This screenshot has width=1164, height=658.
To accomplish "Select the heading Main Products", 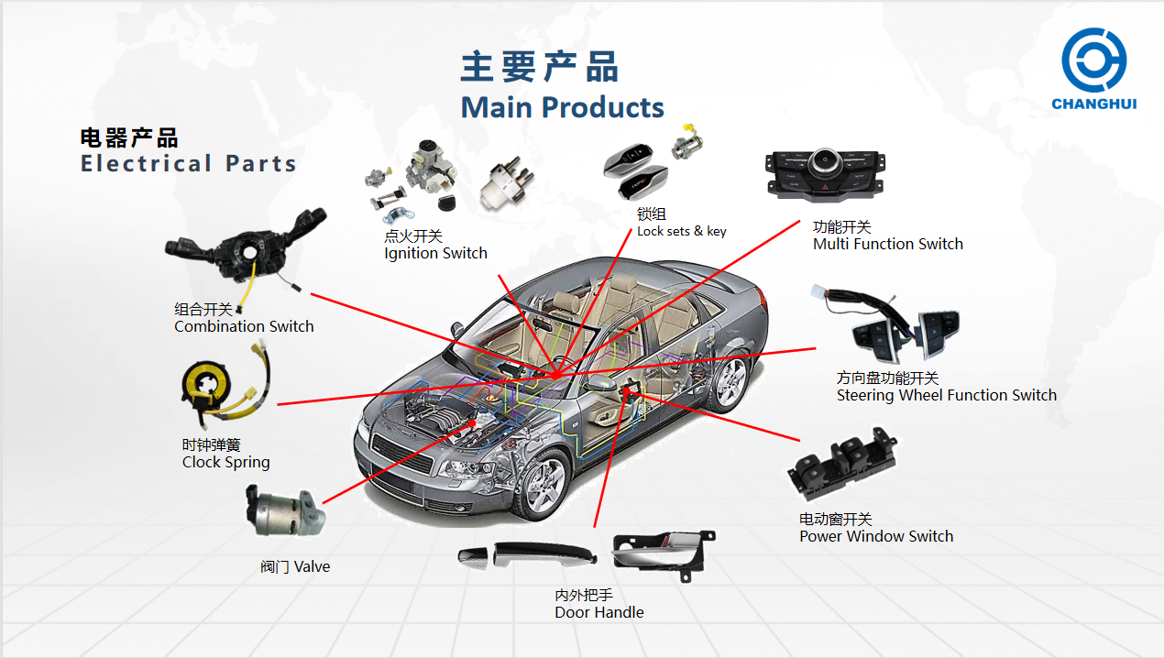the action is click(x=562, y=107).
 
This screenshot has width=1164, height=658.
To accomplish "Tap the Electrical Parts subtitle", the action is click(x=189, y=164).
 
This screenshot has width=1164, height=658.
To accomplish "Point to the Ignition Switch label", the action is click(x=435, y=253).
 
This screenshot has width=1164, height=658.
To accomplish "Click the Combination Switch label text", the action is click(x=244, y=326).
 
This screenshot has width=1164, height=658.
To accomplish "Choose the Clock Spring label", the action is click(x=225, y=462).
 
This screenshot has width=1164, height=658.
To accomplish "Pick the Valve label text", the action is click(x=295, y=566).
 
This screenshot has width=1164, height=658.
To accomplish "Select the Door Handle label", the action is click(x=598, y=612).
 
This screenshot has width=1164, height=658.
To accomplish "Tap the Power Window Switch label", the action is click(x=875, y=536).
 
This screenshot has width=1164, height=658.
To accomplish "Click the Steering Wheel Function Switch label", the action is click(x=946, y=395).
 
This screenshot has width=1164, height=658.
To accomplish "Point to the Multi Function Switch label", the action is click(x=887, y=244).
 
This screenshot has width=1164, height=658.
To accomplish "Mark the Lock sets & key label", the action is click(x=681, y=231).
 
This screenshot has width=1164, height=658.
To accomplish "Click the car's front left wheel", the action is click(x=544, y=484).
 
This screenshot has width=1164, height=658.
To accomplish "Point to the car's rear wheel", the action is click(x=731, y=382).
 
